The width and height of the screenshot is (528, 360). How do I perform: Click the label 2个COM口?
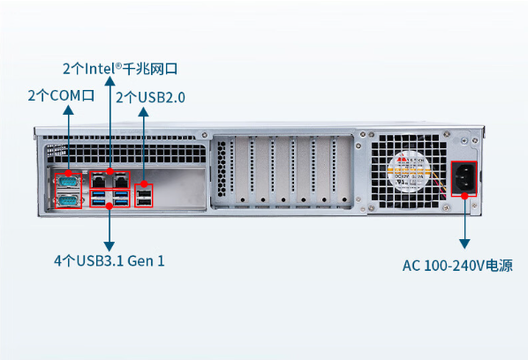61,94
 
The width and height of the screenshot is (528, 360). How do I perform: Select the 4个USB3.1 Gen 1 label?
109,261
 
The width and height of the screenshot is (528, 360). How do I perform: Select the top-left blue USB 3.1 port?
98,195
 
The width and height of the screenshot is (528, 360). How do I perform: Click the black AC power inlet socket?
464,181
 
